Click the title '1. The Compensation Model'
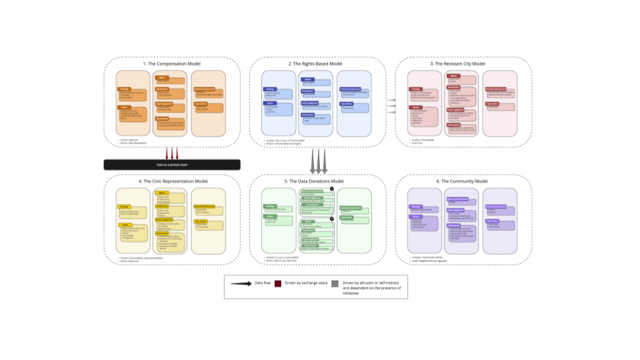point(172,63)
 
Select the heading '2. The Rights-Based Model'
point(318,63)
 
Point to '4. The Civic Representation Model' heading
point(172,181)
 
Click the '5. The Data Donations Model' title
point(318,181)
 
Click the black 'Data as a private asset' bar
point(171,164)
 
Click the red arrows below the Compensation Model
point(172,153)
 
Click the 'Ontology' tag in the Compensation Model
point(124,89)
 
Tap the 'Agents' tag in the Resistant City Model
point(451,76)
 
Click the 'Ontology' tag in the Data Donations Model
point(270,206)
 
